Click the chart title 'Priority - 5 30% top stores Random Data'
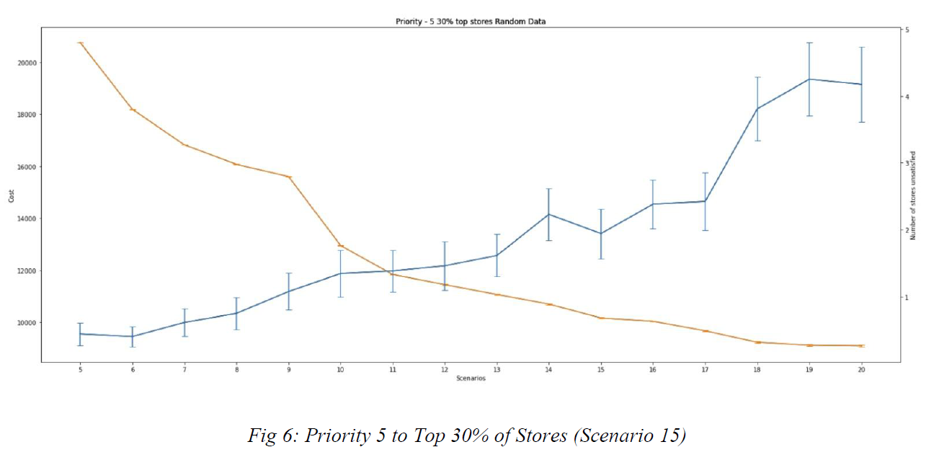point(471,22)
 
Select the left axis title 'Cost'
point(12,195)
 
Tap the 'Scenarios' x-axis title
point(471,379)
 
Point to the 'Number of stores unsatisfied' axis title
point(913,195)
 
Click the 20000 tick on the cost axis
point(27,63)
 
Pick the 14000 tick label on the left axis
point(27,218)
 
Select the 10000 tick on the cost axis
point(27,323)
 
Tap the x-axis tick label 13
point(497,369)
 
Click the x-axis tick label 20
point(861,369)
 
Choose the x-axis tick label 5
point(81,369)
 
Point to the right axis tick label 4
point(907,97)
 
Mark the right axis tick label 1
point(907,297)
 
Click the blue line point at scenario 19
point(809,79)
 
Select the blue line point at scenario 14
point(549,214)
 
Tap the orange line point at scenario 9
point(289,177)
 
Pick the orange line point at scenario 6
point(133,110)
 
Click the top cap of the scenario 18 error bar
point(757,77)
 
